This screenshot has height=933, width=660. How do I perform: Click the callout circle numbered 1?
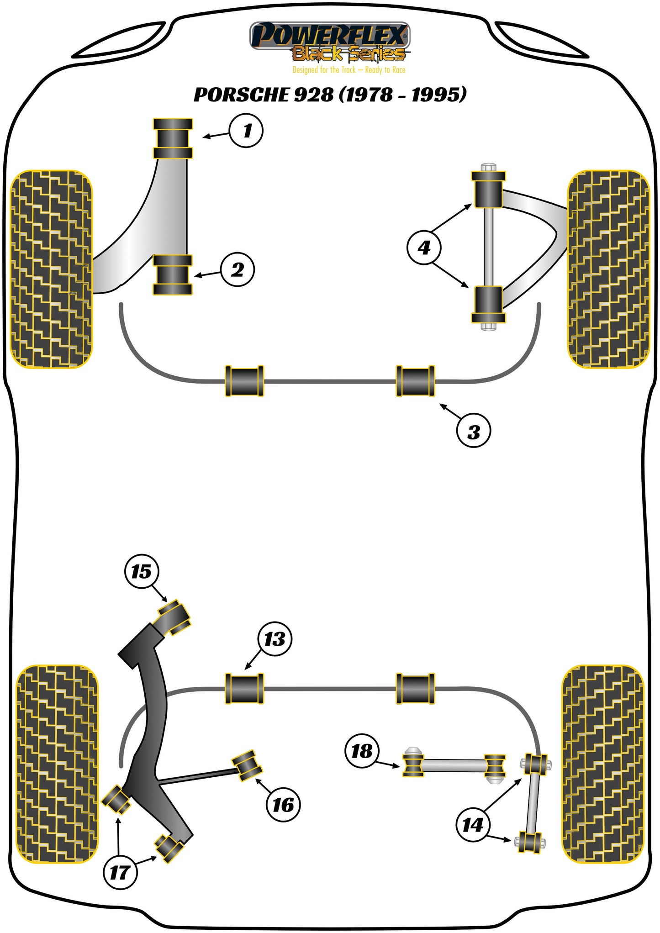(246, 131)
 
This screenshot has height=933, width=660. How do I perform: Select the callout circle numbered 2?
(237, 269)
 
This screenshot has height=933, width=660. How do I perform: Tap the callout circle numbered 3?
(474, 431)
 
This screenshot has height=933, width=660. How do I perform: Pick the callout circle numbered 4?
(424, 248)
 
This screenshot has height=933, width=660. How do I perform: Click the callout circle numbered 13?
(275, 639)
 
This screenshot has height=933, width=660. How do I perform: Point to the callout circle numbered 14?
(473, 824)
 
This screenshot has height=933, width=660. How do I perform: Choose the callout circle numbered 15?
(141, 571)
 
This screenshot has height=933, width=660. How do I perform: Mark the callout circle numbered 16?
(283, 805)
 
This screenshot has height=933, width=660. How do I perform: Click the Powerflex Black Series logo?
(330, 42)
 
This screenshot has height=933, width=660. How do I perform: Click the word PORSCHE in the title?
(241, 95)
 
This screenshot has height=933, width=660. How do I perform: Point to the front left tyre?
(51, 269)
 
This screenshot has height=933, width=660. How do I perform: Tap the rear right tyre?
(602, 764)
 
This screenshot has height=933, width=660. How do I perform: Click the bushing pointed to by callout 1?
(172, 138)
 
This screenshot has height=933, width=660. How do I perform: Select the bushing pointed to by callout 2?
(172, 275)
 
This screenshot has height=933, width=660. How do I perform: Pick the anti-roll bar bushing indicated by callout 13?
(244, 688)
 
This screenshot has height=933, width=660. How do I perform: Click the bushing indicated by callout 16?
(247, 765)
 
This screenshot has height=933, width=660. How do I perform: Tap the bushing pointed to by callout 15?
(174, 617)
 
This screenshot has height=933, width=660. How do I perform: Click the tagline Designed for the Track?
(324, 70)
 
